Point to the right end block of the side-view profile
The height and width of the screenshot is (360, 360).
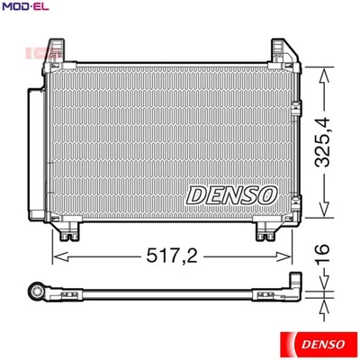coord(293,288)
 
